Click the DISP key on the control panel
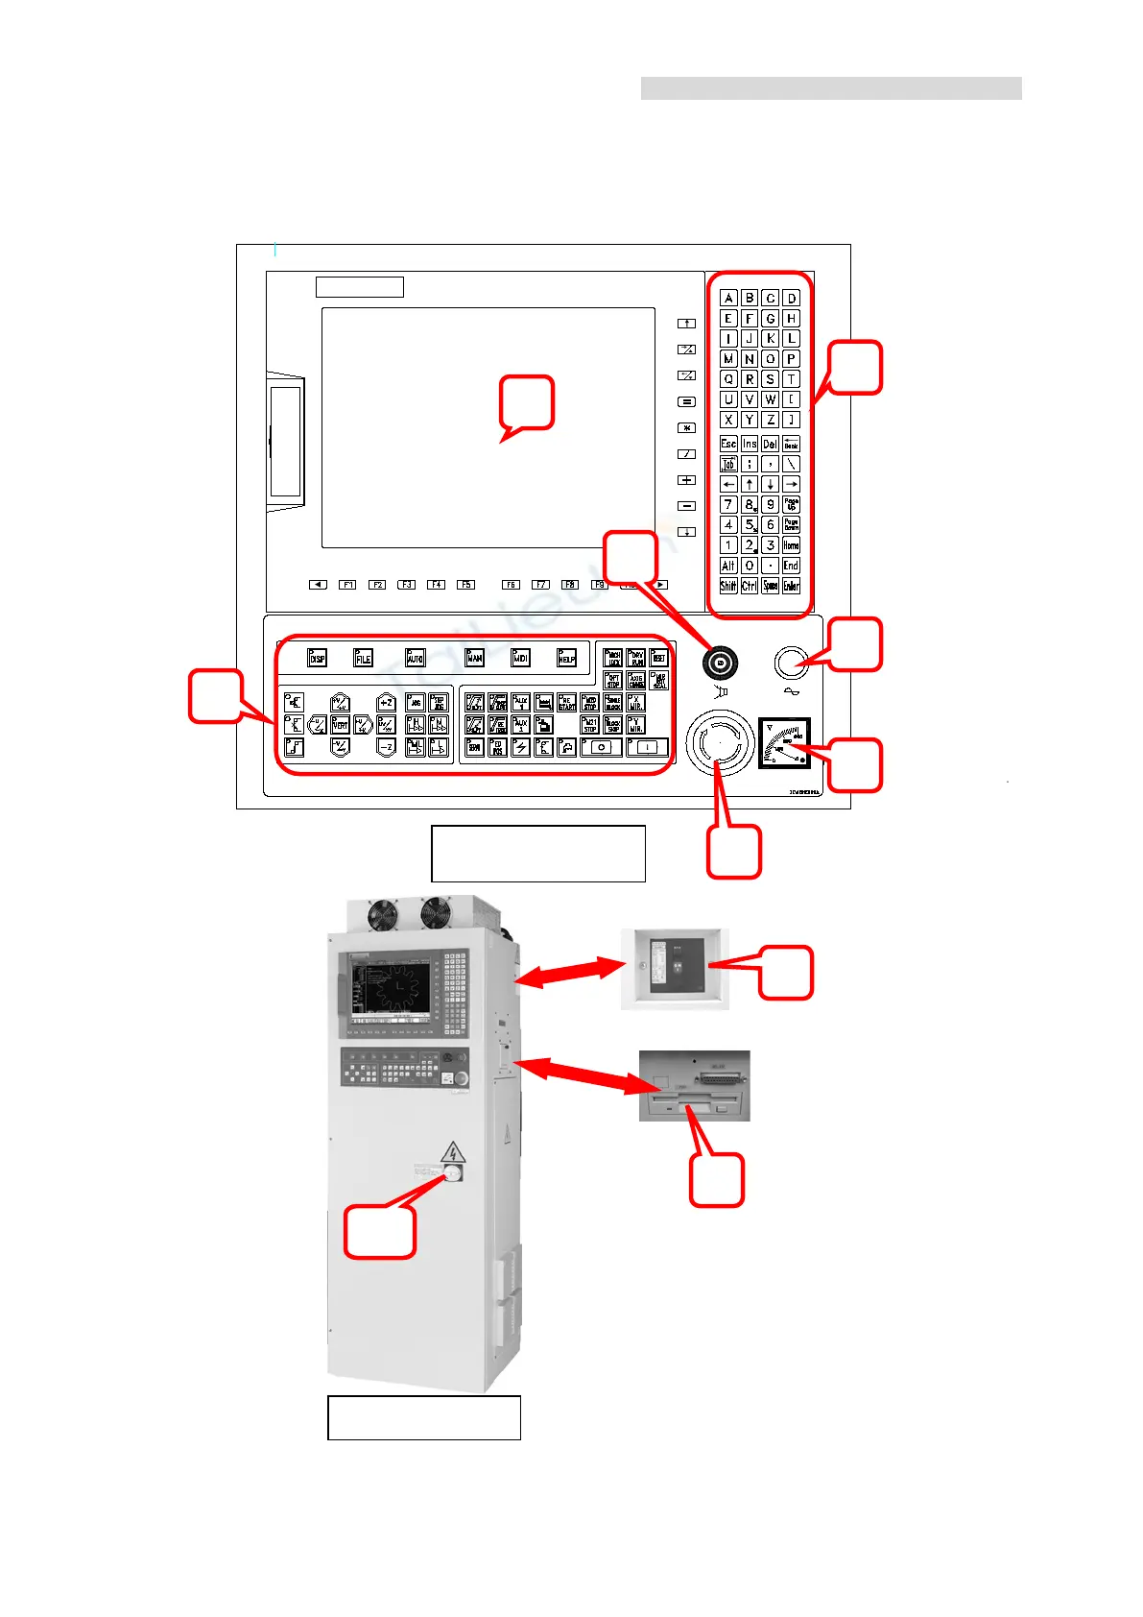click(317, 657)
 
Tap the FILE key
click(363, 657)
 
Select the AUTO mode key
click(415, 657)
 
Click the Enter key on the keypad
click(791, 586)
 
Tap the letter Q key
click(728, 378)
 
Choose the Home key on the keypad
click(791, 544)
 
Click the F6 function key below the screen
click(511, 584)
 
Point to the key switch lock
click(720, 662)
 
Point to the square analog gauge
click(784, 743)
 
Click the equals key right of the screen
click(687, 401)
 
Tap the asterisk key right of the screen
click(687, 427)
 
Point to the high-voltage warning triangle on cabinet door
click(453, 1152)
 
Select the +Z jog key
click(386, 703)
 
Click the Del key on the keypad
click(770, 444)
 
